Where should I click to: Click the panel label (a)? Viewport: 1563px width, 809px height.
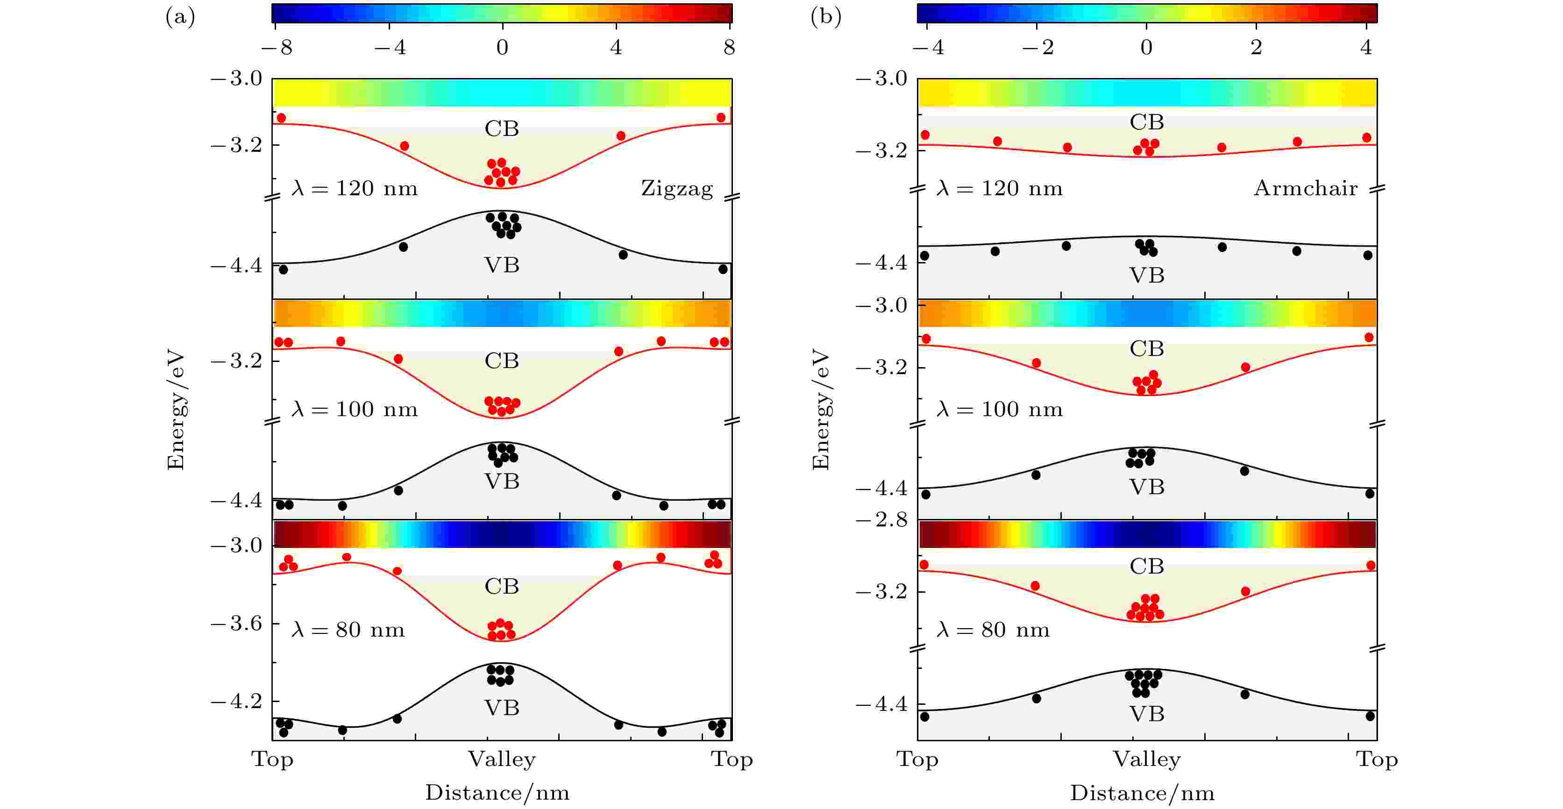(180, 17)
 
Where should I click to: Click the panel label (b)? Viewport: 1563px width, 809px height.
(826, 17)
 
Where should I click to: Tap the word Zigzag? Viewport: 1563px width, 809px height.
(676, 188)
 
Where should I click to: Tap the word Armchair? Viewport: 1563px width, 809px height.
(1305, 188)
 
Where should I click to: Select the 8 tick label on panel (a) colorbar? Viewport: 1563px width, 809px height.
(729, 47)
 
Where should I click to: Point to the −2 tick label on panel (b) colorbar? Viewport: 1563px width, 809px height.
(1037, 47)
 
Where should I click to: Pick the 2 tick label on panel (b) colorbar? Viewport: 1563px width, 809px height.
(1256, 47)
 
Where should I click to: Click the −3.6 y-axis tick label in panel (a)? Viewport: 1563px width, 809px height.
(237, 623)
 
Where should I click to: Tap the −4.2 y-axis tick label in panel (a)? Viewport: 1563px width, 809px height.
(237, 701)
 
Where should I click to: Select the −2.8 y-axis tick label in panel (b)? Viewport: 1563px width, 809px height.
(881, 520)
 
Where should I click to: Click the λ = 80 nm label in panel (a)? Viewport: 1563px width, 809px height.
(348, 630)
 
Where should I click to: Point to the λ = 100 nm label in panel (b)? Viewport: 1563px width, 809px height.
(999, 409)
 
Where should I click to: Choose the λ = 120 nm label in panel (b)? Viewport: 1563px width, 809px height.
(999, 188)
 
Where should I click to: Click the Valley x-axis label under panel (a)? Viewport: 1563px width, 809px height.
(502, 759)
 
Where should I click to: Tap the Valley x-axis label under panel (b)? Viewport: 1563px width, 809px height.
(1147, 759)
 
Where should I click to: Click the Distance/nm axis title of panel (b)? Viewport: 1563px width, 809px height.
(1142, 793)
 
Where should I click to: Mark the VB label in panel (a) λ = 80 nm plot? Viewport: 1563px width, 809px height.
(502, 708)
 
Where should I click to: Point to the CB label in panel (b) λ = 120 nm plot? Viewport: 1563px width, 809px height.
(1147, 122)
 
